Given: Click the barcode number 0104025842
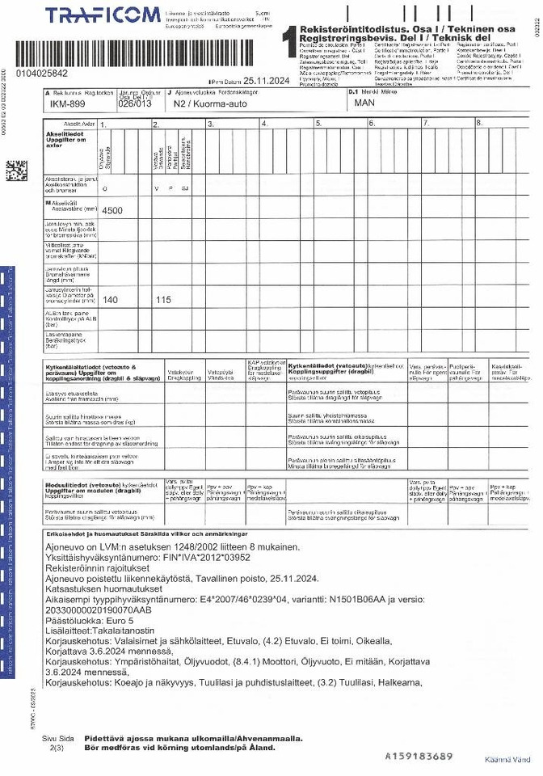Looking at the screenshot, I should [41, 73].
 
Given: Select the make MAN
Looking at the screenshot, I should [365, 104].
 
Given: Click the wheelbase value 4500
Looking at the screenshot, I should [112, 210].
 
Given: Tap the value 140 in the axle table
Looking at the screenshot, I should [111, 300].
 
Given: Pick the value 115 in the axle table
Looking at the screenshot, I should [164, 300].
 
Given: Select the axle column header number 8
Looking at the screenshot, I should [479, 124].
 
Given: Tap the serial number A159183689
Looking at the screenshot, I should [431, 755].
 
